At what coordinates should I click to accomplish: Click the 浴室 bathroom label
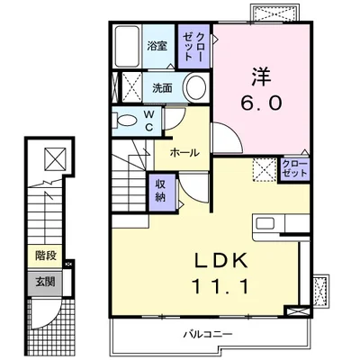tap(157, 47)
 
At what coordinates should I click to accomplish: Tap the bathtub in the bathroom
tap(128, 47)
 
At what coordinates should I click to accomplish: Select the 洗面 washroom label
tap(162, 88)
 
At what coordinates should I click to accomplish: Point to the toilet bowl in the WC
tap(124, 121)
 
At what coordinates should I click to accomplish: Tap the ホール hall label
tap(184, 153)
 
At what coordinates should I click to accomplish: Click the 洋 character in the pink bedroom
tap(261, 77)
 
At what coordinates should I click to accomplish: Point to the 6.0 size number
tap(261, 103)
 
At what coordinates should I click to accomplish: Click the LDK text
tap(221, 260)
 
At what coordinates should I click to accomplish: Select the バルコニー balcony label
tap(208, 334)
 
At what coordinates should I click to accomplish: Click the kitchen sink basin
tap(265, 223)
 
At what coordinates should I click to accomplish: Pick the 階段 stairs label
tap(46, 256)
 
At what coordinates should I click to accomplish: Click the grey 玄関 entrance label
tap(45, 282)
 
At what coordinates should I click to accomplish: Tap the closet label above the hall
tap(193, 47)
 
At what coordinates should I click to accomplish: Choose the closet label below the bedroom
tap(295, 168)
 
